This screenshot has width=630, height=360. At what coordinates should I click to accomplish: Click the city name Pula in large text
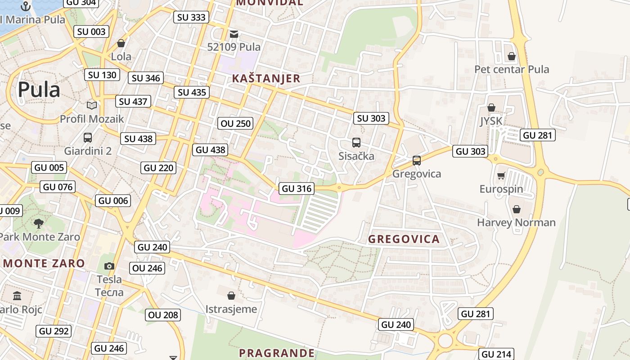39,90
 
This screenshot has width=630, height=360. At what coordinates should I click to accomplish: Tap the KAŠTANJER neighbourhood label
266,78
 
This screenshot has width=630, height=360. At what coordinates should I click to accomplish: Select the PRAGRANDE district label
277,353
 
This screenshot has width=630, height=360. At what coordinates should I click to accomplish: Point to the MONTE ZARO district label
44,263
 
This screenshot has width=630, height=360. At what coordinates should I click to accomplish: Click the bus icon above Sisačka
356,143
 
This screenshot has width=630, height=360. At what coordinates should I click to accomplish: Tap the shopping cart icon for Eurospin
501,176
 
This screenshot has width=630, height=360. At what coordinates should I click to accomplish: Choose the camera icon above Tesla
109,266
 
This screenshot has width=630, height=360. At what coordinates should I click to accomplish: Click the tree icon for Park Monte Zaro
39,223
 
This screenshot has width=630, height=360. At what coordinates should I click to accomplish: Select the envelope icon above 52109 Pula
234,34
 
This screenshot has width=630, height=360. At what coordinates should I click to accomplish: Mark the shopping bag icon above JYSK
491,108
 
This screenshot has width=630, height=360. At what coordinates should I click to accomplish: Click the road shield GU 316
297,189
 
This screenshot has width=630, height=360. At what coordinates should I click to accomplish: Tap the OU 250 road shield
235,123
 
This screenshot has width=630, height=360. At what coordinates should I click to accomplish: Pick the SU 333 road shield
191,18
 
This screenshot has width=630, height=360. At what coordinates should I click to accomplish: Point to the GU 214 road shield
496,354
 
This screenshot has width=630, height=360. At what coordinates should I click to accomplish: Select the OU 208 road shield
163,315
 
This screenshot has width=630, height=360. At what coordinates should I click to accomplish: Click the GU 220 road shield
158,168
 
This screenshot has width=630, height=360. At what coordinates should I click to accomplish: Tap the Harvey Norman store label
516,222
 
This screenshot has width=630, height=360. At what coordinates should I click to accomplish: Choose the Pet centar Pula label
512,69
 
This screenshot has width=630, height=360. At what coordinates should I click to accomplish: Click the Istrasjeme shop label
231,309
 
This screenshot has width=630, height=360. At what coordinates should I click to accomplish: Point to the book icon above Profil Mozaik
92,105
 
